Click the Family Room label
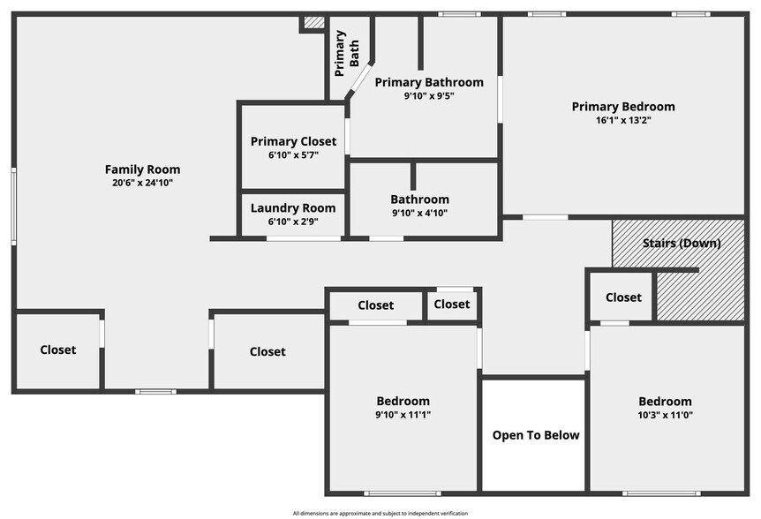142,169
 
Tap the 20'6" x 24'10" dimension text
142,183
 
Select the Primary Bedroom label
622,107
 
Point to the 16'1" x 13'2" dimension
622,120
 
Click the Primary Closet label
293,141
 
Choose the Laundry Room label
293,208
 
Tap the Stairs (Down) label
681,243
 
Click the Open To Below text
535,434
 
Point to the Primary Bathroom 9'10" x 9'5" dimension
429,95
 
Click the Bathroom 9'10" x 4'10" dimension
420,213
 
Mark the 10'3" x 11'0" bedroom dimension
666,414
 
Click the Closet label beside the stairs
623,297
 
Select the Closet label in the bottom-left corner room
58,350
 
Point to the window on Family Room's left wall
13,206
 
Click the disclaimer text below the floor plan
380,513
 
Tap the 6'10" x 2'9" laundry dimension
293,222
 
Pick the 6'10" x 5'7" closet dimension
293,154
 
